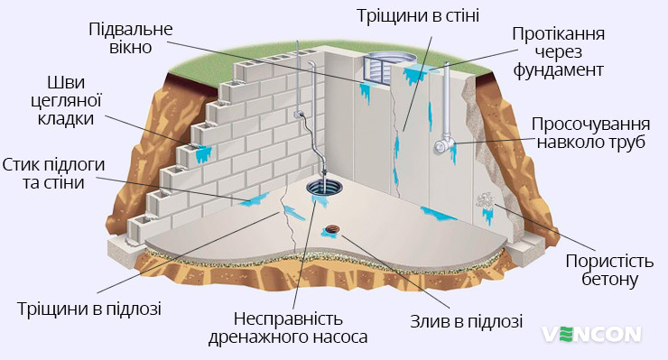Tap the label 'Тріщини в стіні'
[417, 16]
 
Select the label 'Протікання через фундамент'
[558, 51]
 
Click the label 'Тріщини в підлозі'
[89, 309]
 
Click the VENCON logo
[591, 334]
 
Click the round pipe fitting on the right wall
[442, 145]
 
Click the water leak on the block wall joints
[203, 154]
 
